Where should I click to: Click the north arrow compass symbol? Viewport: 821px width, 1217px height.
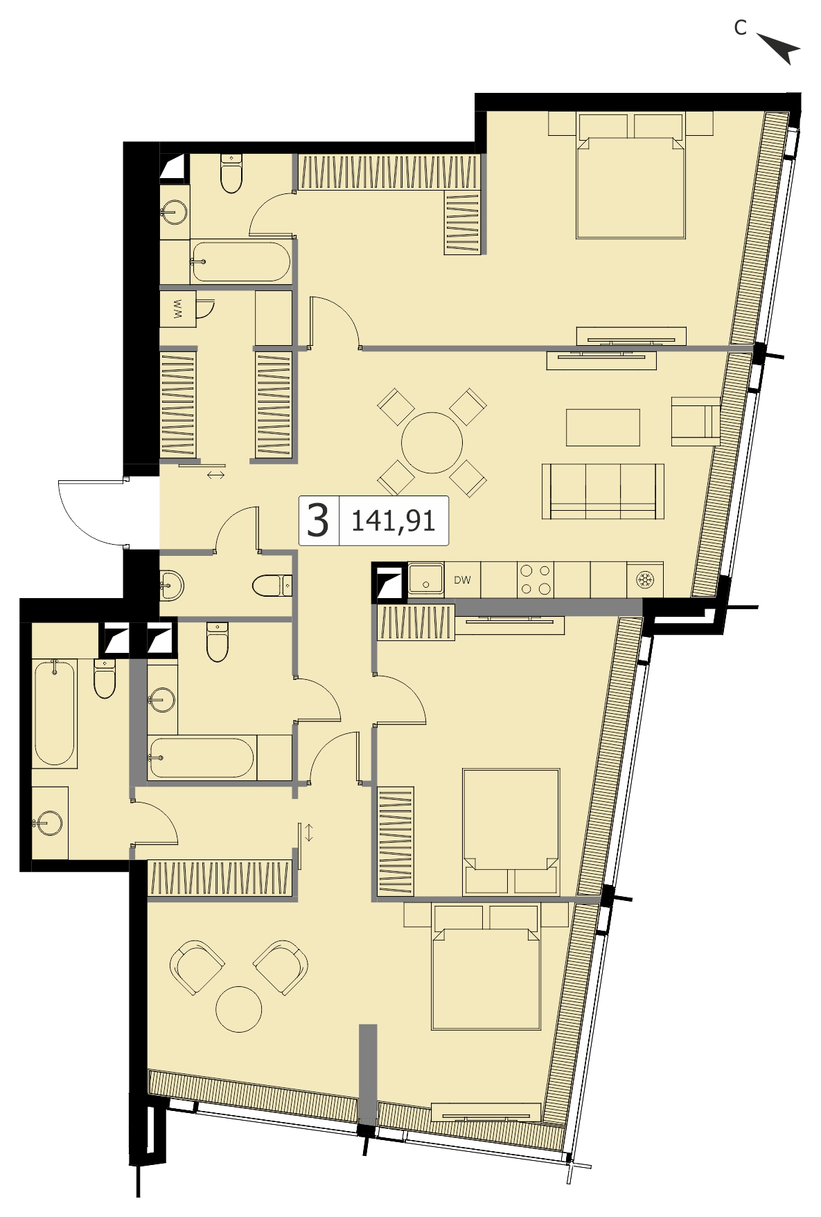(781, 49)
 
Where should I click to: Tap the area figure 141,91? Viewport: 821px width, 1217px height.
(394, 520)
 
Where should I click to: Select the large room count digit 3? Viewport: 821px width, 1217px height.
(318, 520)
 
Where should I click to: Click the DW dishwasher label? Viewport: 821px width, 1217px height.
(462, 580)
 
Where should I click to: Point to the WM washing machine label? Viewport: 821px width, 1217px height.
(177, 309)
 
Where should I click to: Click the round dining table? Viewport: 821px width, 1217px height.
(432, 443)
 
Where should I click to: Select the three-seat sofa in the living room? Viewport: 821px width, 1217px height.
(603, 491)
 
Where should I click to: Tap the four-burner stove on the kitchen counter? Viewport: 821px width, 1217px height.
(536, 580)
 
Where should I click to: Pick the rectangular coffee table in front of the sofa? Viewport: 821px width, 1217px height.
(603, 428)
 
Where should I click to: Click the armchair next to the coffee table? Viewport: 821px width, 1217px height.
(695, 421)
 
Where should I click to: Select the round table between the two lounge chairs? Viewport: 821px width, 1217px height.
(239, 1010)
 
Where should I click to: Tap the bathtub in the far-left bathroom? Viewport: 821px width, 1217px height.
(55, 713)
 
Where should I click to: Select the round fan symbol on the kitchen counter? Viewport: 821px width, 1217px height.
(645, 580)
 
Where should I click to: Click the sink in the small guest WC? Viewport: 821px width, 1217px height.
(171, 586)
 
